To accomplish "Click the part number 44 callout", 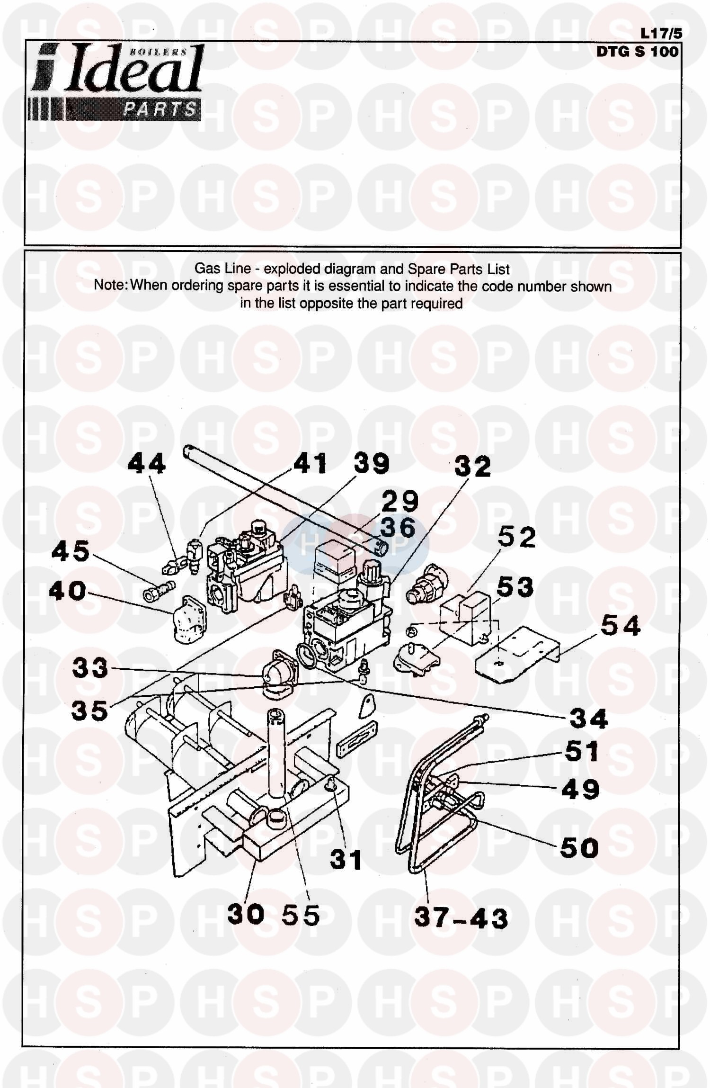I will pyautogui.click(x=147, y=463).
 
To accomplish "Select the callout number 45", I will pyautogui.click(x=71, y=551).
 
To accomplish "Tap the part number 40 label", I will pyautogui.click(x=68, y=591).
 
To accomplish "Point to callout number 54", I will pyautogui.click(x=620, y=626).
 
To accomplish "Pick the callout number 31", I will pyautogui.click(x=346, y=860).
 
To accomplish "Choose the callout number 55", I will pyautogui.click(x=301, y=915).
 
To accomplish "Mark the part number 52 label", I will pyautogui.click(x=517, y=537).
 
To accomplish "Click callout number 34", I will pyautogui.click(x=588, y=719).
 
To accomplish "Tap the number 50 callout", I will pyautogui.click(x=579, y=848).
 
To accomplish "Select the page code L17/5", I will pyautogui.click(x=661, y=34).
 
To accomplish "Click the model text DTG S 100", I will pyautogui.click(x=637, y=51).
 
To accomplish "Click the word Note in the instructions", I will pyautogui.click(x=111, y=286).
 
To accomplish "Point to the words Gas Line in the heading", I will pyautogui.click(x=222, y=269).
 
